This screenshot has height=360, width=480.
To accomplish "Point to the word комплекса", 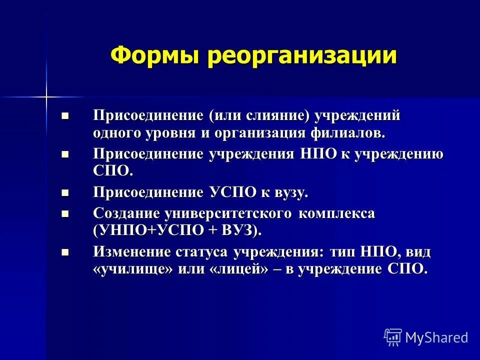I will coord(337,213).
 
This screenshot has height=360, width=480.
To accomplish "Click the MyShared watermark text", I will coord(436,337).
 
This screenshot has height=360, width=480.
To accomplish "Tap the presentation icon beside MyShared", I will coord(393,337).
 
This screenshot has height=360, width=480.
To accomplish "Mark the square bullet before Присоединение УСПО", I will coord(64,192).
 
